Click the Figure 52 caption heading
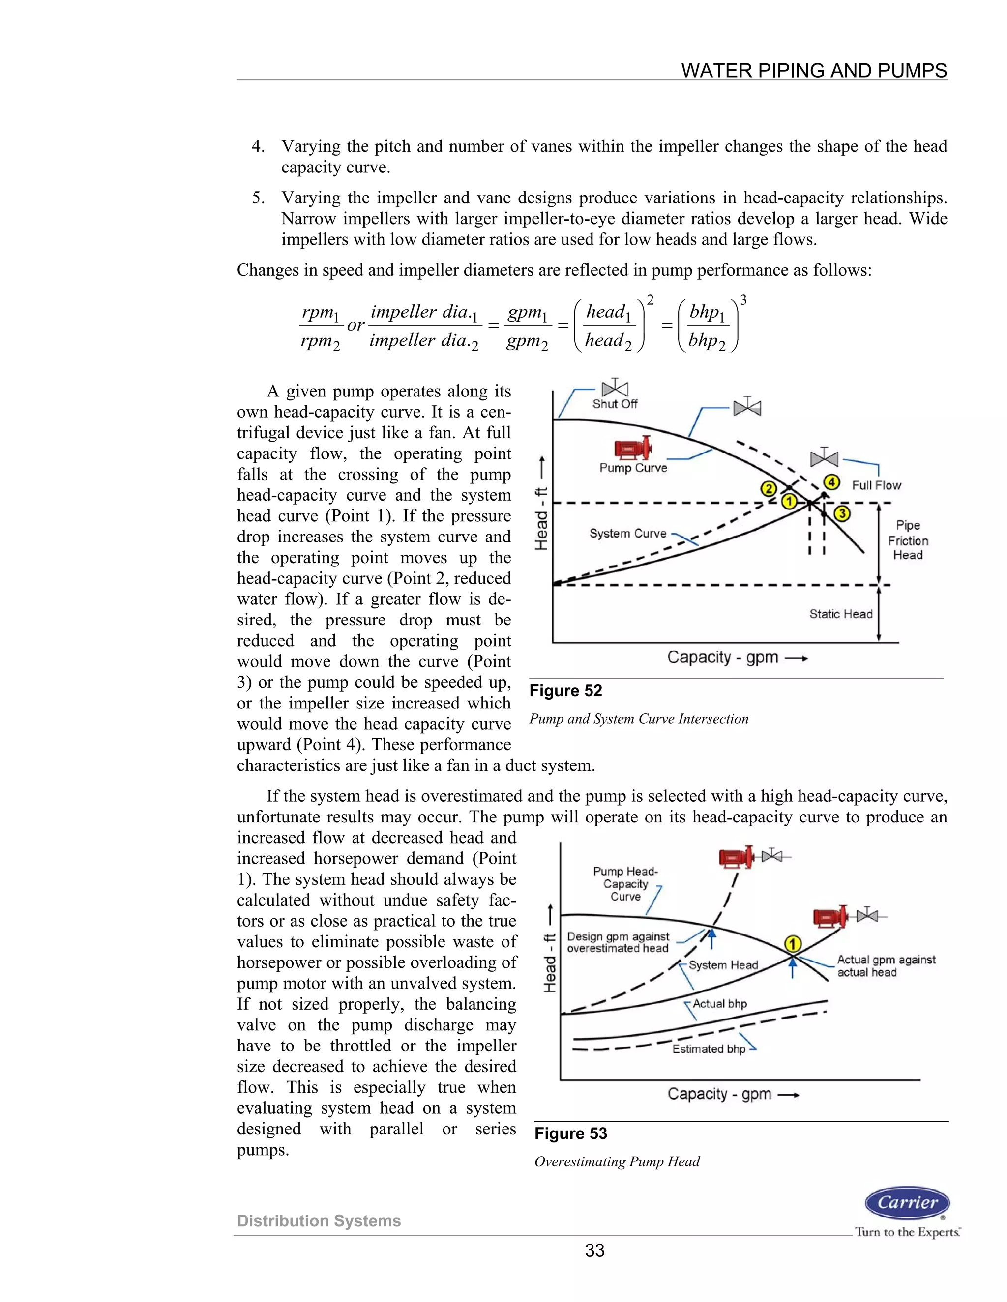(565, 691)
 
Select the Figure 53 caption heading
(570, 1133)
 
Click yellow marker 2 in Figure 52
(769, 489)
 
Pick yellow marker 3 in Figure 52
(842, 513)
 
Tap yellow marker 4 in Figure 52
(831, 481)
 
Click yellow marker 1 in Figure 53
(792, 944)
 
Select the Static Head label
(840, 614)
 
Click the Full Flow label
(876, 485)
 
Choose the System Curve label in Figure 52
(627, 534)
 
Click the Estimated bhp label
(709, 1049)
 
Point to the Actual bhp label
(719, 1004)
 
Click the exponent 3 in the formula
(743, 301)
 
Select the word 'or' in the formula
(355, 325)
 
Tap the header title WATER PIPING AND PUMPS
(814, 70)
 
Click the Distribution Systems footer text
(319, 1221)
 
